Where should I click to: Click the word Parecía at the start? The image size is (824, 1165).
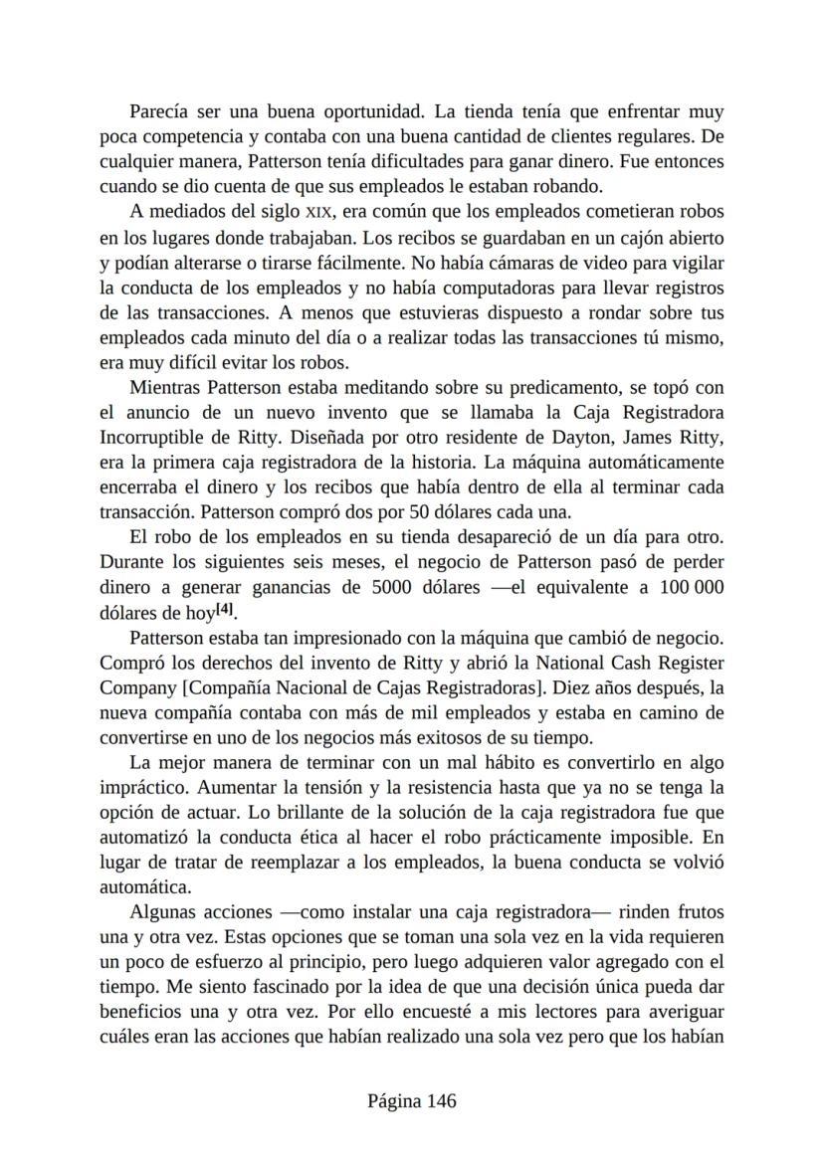161,112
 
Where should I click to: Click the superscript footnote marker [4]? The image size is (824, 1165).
226,609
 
